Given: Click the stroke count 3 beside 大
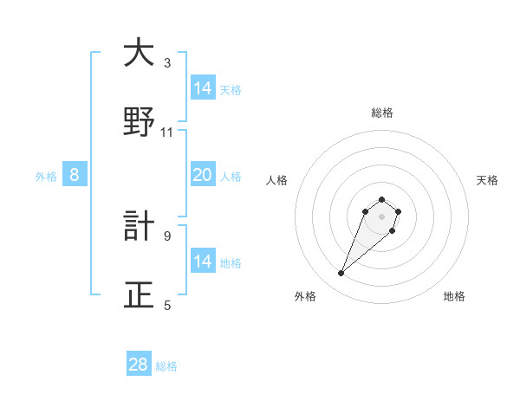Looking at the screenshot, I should click(x=167, y=63).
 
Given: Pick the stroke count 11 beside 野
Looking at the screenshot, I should click(x=167, y=132).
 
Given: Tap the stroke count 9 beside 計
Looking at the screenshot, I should click(x=167, y=236).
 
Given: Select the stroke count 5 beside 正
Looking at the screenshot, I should click(x=167, y=305).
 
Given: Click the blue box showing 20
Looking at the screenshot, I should click(x=203, y=175).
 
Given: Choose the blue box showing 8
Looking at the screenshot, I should click(x=75, y=175).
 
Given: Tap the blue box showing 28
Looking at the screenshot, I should click(x=139, y=365).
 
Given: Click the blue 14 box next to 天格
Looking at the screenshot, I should click(x=203, y=88).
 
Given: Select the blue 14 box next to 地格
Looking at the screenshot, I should click(x=203, y=262).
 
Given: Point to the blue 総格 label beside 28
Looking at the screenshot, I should click(x=167, y=366).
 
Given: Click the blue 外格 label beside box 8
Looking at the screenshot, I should click(x=46, y=177).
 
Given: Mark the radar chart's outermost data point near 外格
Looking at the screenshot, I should click(x=341, y=274).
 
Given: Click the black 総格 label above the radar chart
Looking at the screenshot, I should click(x=382, y=113).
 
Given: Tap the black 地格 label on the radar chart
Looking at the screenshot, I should click(x=454, y=296).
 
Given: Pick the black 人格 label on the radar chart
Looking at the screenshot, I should click(x=277, y=180).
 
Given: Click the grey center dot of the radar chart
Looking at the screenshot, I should click(x=382, y=216).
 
